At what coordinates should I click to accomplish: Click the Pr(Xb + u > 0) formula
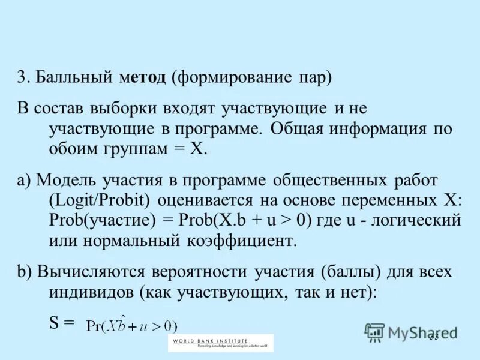click(131, 326)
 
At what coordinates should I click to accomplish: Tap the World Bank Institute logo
click(220, 343)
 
